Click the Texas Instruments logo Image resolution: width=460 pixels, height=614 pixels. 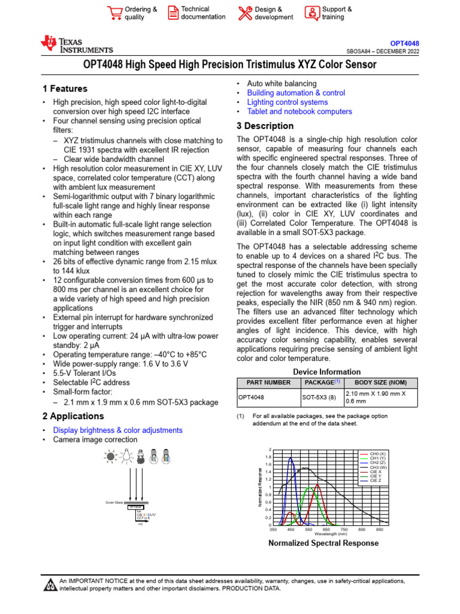76,45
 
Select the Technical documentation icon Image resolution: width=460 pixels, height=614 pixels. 172,13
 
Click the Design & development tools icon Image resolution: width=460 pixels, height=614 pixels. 245,13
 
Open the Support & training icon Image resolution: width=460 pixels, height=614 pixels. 312,13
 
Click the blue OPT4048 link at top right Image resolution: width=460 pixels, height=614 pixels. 404,44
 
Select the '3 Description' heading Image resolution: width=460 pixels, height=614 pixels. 265,126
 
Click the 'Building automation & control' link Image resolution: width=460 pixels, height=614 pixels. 296,93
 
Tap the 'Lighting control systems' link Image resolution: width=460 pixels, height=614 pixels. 287,103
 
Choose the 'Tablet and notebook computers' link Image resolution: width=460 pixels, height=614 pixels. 299,112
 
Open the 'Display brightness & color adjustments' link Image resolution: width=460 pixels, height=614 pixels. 118,431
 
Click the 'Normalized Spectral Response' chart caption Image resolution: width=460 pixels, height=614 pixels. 323,543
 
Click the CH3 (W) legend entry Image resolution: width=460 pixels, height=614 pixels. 378,467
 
